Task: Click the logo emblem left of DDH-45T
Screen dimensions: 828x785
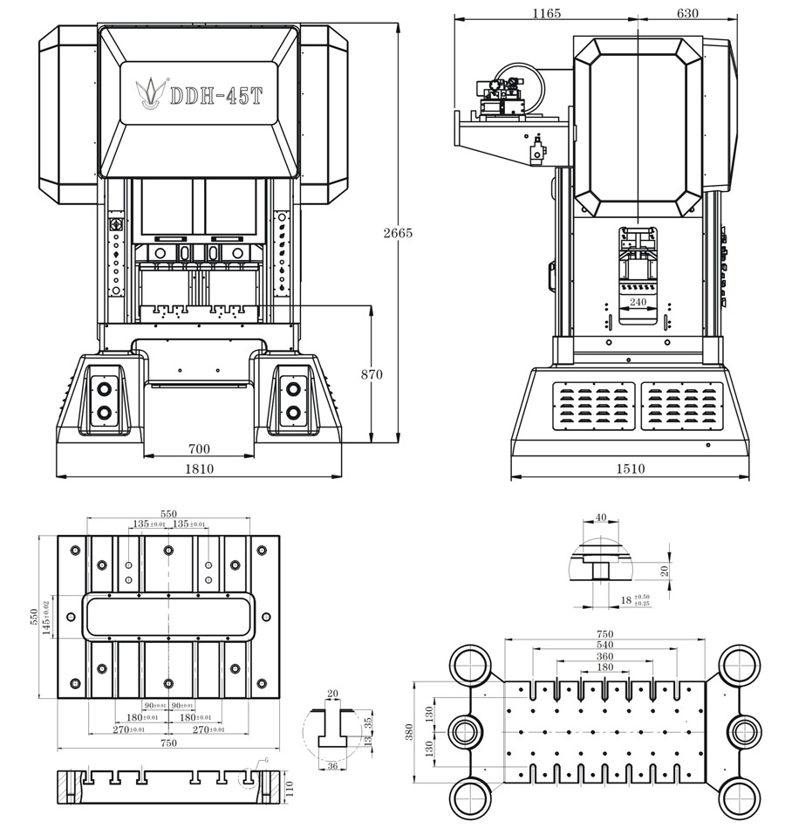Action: (x=148, y=92)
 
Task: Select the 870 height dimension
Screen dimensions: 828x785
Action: (x=372, y=374)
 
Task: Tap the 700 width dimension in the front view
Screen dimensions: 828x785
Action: (x=200, y=448)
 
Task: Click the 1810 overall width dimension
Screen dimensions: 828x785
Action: (x=199, y=469)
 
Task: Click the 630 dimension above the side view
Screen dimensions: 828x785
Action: (x=688, y=13)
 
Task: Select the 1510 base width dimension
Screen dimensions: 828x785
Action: (x=630, y=469)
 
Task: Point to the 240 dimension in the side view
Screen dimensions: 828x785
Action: (x=638, y=302)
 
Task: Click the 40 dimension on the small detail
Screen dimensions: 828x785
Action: (x=600, y=517)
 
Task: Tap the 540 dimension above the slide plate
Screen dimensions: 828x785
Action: (x=604, y=645)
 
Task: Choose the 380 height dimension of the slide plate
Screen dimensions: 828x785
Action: (x=412, y=731)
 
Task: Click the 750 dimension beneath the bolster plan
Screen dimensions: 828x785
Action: (x=168, y=742)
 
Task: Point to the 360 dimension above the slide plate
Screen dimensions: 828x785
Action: (x=604, y=656)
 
